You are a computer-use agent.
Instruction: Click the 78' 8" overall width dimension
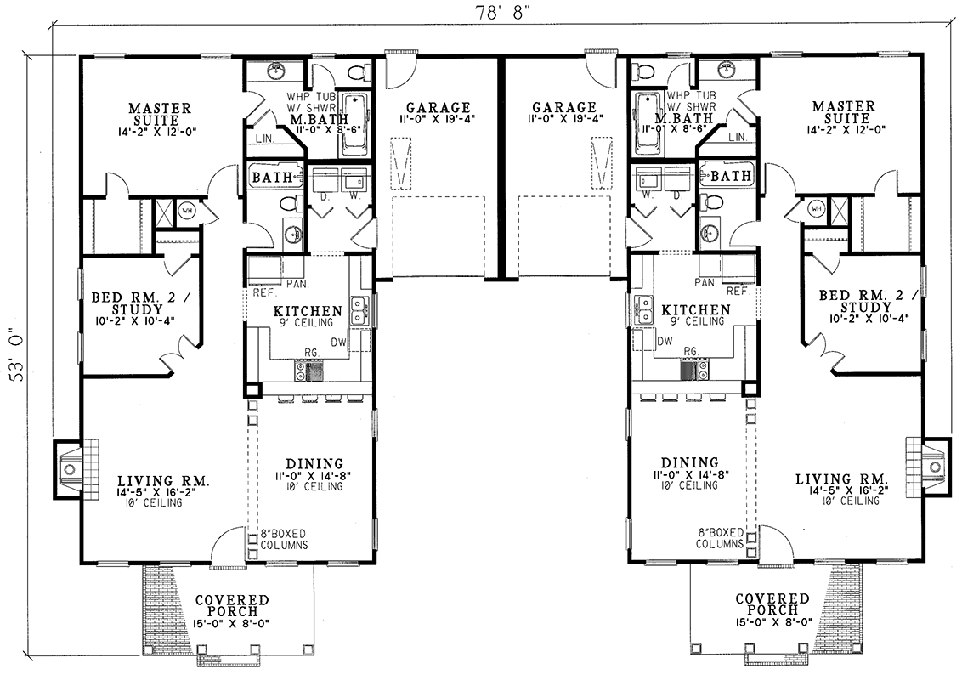[502, 13]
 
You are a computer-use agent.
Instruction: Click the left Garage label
[439, 109]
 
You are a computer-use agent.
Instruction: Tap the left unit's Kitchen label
[308, 312]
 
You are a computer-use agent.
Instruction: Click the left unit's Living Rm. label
[163, 481]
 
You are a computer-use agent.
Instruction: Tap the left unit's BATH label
[273, 177]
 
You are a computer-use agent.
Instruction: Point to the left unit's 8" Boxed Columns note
[284, 540]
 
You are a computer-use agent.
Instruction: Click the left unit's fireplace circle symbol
[70, 469]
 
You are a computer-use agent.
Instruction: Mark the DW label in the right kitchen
[665, 341]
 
